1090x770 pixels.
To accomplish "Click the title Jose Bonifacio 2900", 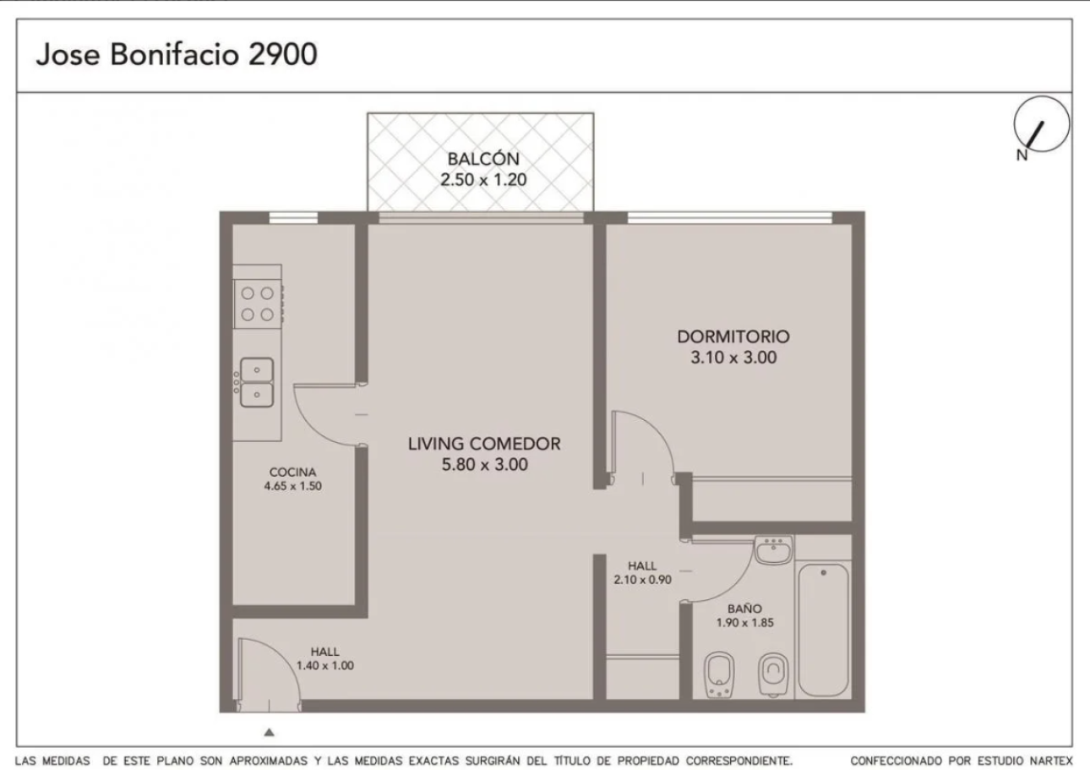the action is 177,54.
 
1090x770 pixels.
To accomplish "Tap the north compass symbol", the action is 1041,125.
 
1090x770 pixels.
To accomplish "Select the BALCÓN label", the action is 483,159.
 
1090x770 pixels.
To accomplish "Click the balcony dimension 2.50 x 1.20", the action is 483,179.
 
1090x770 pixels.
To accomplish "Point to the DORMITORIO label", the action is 733,336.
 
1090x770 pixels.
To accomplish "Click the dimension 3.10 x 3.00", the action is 733,358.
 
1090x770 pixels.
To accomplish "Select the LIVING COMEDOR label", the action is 484,444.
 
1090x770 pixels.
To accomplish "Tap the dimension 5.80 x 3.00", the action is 484,464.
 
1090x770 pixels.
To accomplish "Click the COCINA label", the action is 293,472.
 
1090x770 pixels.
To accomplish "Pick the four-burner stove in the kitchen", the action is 258,303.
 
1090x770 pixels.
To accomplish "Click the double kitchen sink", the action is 256,382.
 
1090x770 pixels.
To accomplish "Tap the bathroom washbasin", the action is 773,550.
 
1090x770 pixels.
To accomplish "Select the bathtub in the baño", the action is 823,631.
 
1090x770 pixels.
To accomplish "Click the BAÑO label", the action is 744,609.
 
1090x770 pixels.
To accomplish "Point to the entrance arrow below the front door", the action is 269,732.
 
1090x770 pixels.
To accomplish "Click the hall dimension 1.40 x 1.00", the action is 325,665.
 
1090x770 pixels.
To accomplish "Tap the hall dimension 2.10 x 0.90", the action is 642,580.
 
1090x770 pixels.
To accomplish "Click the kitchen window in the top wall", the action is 293,217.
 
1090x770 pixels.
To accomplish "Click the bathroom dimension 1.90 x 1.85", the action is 744,623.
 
